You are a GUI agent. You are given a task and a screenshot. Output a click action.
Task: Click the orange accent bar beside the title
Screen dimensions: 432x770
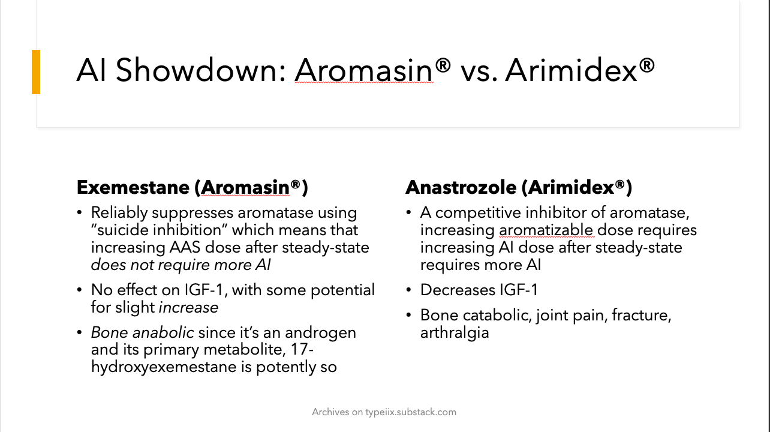coord(36,72)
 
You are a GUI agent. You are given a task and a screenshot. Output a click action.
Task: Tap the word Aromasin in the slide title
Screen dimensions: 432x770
coord(363,71)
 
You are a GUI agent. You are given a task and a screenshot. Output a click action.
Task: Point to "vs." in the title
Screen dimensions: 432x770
coord(479,71)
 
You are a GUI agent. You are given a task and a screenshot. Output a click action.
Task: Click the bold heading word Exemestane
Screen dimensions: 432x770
coord(133,187)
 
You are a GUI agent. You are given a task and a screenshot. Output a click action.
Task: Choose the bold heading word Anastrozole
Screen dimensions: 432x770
coord(460,187)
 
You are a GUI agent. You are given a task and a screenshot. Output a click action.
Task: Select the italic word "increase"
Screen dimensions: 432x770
coord(188,307)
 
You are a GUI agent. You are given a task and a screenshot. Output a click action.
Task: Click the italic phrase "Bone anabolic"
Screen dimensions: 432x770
coord(142,332)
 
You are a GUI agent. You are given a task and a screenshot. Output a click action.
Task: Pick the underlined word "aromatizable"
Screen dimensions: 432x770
coord(546,230)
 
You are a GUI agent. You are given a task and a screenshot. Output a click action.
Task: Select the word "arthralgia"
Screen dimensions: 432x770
coord(455,332)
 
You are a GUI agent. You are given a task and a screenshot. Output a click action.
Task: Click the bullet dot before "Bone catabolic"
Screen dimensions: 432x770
coord(409,316)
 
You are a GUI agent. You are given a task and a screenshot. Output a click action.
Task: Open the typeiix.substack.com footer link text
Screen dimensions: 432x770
coord(411,412)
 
